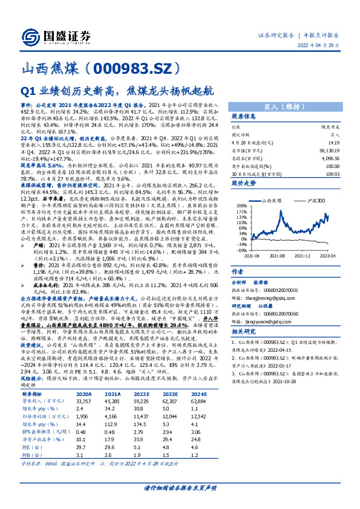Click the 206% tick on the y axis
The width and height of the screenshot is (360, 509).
click(242, 206)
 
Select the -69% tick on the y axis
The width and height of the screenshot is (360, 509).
click(242, 250)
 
